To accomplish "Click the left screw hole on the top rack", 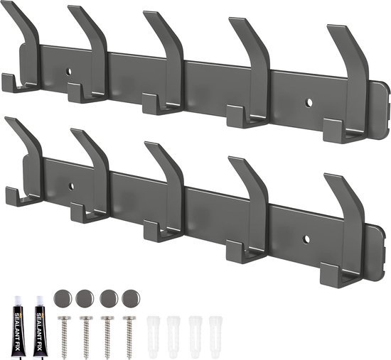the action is click(68, 72).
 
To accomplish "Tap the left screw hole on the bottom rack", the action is click(71, 186).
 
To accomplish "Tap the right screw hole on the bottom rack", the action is click(306, 239).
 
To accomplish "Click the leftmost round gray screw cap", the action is click(63, 298).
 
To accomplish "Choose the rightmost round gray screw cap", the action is click(131, 298).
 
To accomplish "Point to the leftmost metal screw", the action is click(64, 334).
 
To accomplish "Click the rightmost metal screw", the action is click(129, 334).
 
